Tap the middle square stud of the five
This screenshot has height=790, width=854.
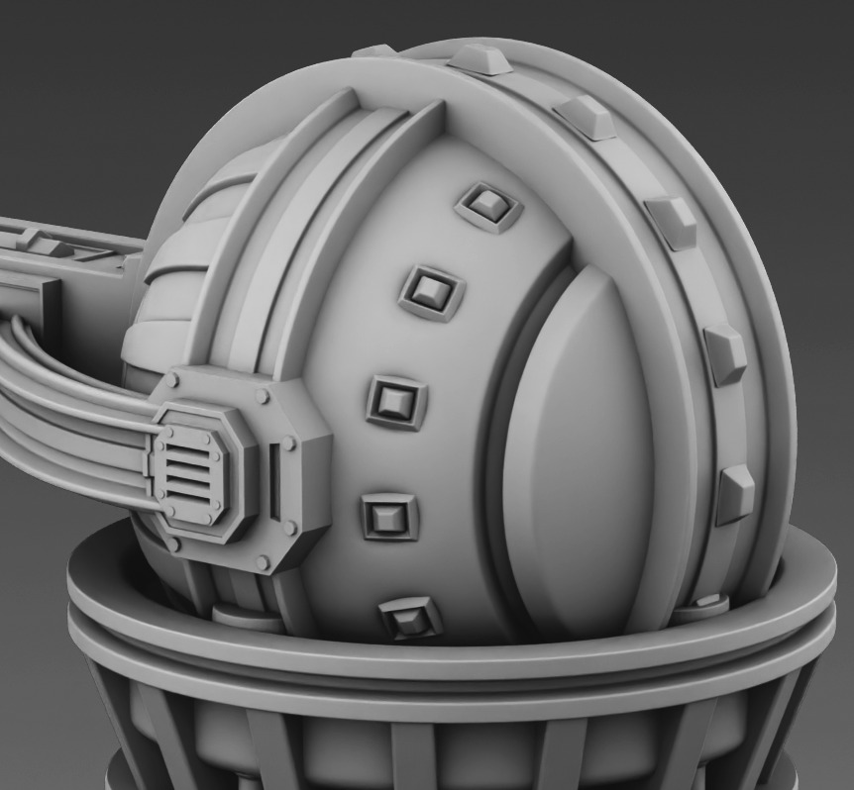click(396, 401)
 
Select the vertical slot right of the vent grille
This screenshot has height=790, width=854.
click(274, 479)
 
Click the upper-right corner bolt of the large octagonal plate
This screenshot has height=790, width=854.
click(262, 396)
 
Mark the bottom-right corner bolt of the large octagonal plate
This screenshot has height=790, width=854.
click(264, 563)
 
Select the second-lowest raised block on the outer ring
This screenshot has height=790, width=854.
click(726, 353)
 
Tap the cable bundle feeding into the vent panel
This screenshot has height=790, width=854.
click(69, 416)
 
